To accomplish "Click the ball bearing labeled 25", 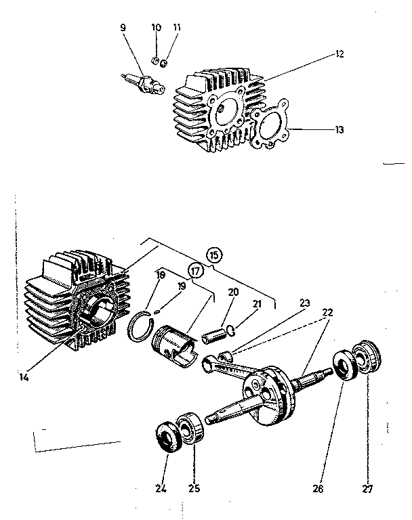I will click(190, 428).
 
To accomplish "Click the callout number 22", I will click(327, 311).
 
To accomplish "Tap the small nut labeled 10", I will click(154, 61).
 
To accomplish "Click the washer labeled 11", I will click(163, 64).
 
